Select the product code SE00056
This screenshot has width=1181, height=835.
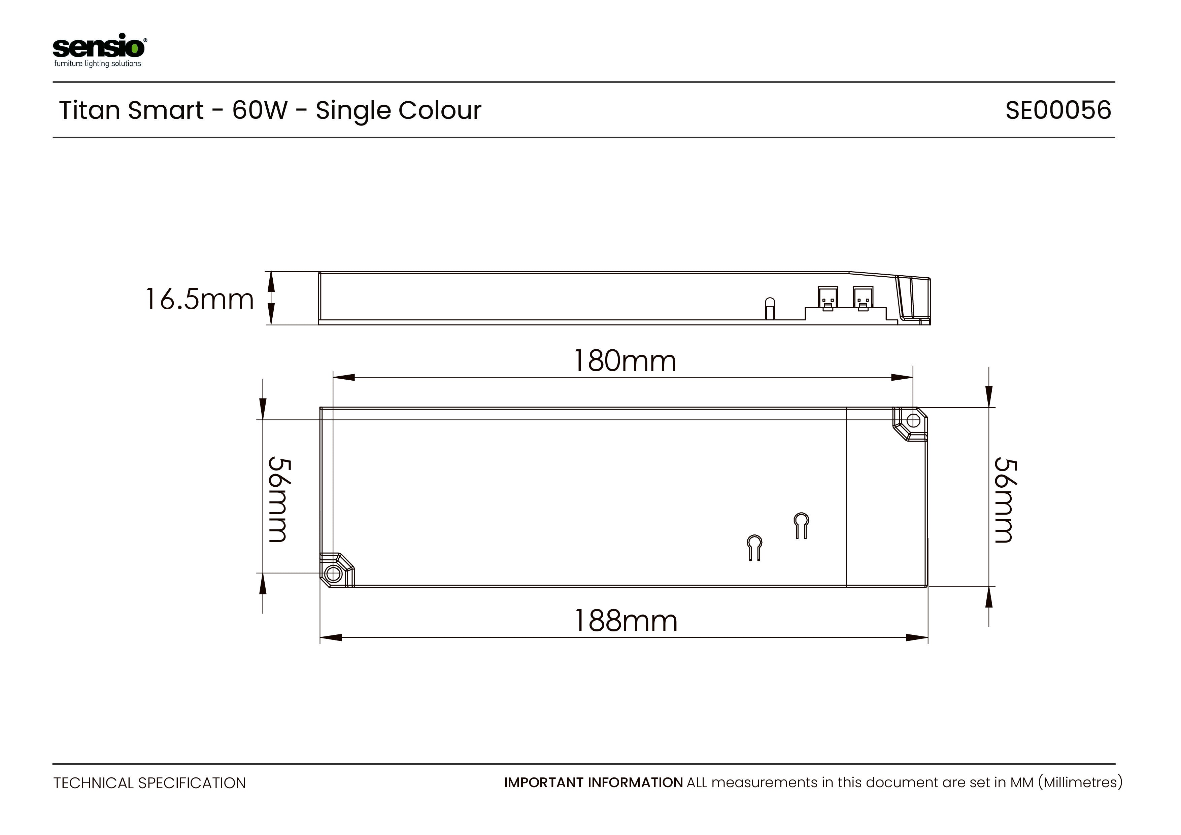click(1058, 110)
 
